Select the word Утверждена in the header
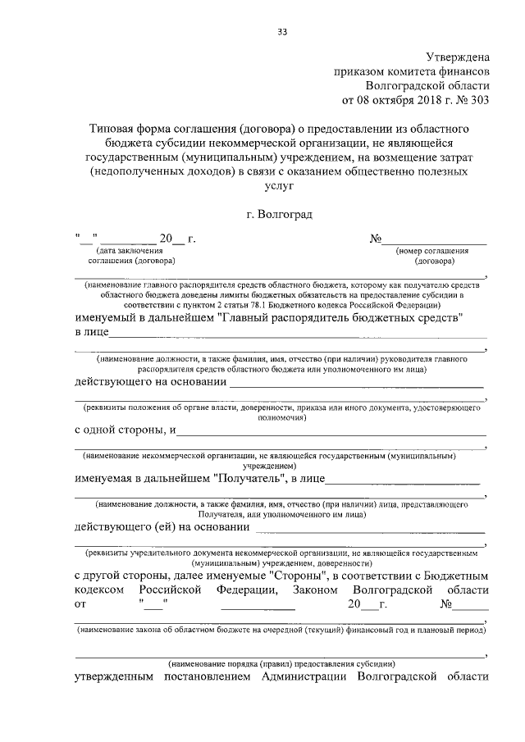click(x=457, y=57)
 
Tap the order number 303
click(x=480, y=101)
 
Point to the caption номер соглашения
click(x=432, y=251)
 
